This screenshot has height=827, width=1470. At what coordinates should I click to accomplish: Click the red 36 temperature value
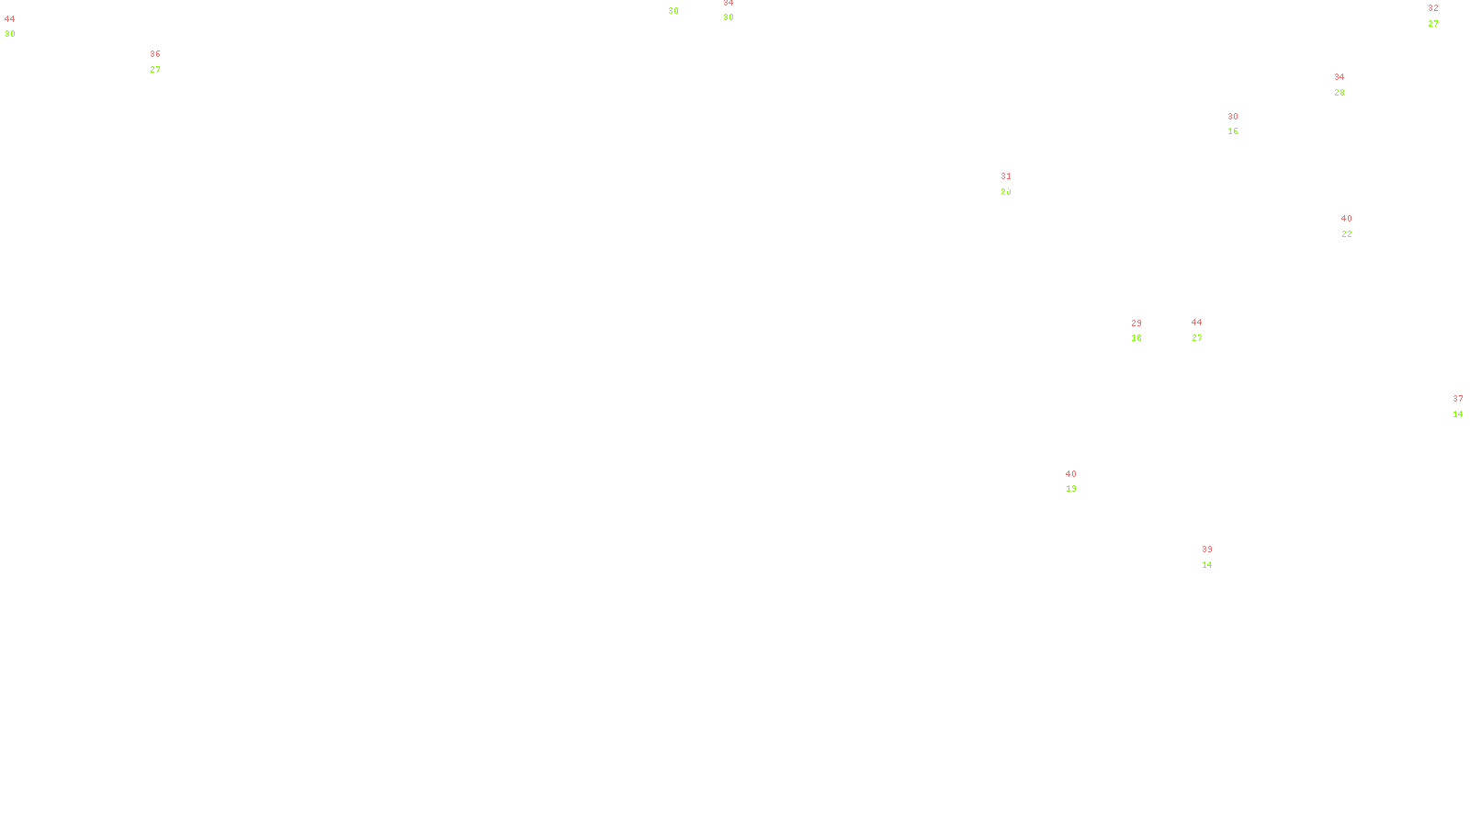tap(155, 54)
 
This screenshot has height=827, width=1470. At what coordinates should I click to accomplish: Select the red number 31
tap(1006, 176)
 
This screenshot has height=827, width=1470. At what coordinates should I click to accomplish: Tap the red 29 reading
tap(1136, 323)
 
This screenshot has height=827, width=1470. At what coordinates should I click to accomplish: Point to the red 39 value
tap(1207, 549)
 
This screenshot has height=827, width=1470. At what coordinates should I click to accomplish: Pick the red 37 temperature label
tap(1458, 399)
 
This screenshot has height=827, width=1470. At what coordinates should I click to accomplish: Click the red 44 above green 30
tap(10, 19)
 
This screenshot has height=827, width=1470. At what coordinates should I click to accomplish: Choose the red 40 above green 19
tap(1071, 474)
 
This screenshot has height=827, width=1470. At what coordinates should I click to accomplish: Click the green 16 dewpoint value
tap(1233, 131)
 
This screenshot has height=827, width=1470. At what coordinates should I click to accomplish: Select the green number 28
tap(1340, 93)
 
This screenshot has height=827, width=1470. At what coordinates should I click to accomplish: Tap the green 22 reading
tap(1347, 234)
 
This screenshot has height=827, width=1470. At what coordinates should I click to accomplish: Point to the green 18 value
tap(1136, 338)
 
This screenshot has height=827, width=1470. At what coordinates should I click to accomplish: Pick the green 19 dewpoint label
tap(1071, 489)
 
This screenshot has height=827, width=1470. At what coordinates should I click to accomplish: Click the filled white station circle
tap(1216, 557)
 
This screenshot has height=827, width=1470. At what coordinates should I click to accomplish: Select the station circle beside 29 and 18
tap(1145, 331)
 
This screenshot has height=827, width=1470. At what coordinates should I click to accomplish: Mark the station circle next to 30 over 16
tap(1241, 124)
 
